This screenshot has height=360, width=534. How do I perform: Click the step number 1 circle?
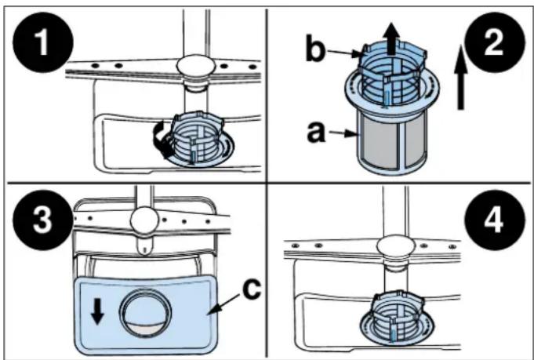coord(43,42)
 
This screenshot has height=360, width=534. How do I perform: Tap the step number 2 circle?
coord(493,42)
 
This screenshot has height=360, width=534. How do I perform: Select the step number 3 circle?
coord(42,220)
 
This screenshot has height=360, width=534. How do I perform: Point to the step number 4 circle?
coord(494,220)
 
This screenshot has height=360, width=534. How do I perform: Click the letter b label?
coord(314,51)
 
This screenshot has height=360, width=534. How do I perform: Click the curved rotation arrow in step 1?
coord(160,140)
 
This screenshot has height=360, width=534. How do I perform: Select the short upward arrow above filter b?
coord(392,38)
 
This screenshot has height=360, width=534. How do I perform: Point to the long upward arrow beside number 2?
coord(461,78)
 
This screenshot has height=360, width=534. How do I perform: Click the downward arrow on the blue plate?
coord(97,311)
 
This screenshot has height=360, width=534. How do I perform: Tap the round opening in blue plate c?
coord(146,314)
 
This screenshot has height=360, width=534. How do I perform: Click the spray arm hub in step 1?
coord(195,66)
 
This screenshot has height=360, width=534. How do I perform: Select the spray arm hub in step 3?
coord(146,221)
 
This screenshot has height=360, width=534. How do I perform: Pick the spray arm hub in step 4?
coord(396,248)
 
